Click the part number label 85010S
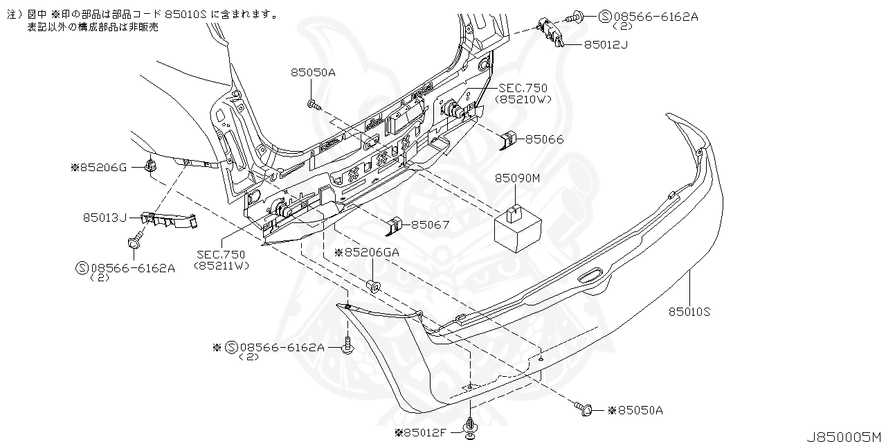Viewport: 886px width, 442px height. click(689, 312)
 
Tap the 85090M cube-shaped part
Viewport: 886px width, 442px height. click(516, 227)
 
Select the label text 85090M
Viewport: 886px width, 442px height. click(516, 178)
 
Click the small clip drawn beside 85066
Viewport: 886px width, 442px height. click(509, 140)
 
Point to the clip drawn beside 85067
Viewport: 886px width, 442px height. click(395, 225)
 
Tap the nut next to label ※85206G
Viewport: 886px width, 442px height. click(149, 166)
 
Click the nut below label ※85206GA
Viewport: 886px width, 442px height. click(374, 285)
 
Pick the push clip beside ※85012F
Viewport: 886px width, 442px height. click(471, 427)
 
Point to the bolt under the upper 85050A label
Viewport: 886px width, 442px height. click(312, 105)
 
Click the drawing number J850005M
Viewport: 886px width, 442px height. click(844, 436)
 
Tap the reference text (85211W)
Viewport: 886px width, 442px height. click(221, 265)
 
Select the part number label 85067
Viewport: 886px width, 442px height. click(431, 225)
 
